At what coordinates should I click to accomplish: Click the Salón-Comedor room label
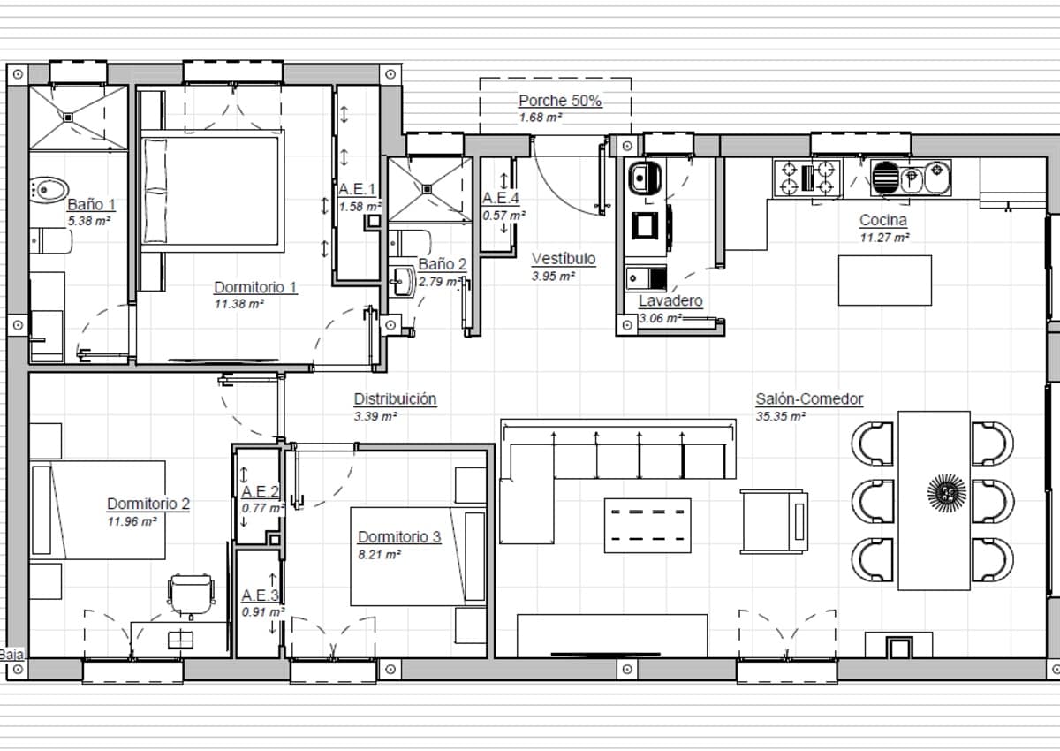click(809, 399)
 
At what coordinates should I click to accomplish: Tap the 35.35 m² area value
click(781, 416)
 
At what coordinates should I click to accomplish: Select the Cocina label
click(883, 220)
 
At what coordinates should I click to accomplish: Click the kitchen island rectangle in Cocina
click(884, 280)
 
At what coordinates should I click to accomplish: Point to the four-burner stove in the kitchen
click(806, 177)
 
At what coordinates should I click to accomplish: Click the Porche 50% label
click(560, 101)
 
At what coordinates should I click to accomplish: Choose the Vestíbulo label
click(564, 259)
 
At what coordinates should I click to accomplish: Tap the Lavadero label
click(670, 300)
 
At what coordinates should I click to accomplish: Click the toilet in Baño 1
click(49, 188)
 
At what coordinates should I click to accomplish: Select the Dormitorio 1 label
click(255, 287)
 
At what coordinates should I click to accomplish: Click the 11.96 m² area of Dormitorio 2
click(132, 521)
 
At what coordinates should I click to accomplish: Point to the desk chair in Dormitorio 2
click(192, 594)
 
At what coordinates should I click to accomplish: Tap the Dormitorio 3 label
click(399, 537)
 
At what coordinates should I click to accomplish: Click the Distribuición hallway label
click(395, 399)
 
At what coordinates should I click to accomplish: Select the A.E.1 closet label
click(357, 189)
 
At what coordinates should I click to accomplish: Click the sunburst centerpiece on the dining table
click(946, 491)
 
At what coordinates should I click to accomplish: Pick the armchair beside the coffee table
click(774, 520)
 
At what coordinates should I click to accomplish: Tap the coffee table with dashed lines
click(647, 525)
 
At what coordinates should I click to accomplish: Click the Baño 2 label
click(443, 264)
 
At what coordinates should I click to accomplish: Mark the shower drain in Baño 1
click(68, 116)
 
